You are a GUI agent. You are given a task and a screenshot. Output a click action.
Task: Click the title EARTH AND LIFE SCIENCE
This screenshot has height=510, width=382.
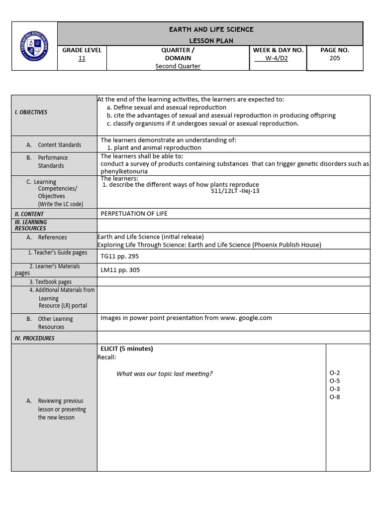211,29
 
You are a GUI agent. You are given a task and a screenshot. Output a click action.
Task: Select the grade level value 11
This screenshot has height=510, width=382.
82,58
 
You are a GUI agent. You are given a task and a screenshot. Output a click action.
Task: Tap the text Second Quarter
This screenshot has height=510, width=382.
178,66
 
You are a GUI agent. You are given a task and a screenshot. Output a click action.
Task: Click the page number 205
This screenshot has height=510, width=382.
335,58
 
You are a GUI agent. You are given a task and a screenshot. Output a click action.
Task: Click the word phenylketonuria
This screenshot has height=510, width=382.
124,171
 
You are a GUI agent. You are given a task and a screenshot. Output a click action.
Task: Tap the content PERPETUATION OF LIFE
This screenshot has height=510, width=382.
134,214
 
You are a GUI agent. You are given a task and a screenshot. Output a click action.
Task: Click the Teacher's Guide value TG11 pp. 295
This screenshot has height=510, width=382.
119,256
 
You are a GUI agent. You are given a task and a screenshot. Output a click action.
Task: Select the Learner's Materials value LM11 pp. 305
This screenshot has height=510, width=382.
120,270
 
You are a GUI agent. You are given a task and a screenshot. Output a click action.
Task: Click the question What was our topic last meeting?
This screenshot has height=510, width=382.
164,374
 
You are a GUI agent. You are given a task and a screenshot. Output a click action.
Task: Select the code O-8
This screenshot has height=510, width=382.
335,397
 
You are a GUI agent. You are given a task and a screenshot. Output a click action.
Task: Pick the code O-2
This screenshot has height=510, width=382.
335,373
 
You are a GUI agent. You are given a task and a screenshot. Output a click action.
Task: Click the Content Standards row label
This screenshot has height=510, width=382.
59,145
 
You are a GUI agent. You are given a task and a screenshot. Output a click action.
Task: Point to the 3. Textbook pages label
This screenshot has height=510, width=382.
53,282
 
